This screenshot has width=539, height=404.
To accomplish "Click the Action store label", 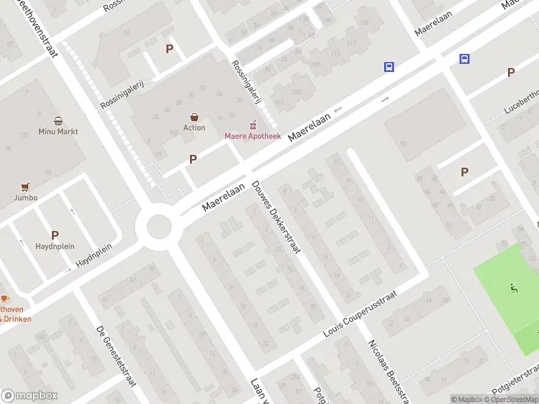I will click(194, 128).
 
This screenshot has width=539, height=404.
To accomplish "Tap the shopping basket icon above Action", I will click(194, 117).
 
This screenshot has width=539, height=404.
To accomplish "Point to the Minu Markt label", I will click(58, 131).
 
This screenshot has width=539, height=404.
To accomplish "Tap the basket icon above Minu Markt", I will click(59, 121).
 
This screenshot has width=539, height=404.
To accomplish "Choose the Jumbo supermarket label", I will click(26, 198).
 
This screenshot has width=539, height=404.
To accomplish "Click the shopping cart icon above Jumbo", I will click(26, 187).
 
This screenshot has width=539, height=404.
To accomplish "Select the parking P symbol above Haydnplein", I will click(55, 236).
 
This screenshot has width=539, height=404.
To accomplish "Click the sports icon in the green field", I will click(514, 289).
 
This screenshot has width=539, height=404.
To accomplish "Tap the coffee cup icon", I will click(3, 298).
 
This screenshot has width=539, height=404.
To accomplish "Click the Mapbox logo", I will click(30, 396).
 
